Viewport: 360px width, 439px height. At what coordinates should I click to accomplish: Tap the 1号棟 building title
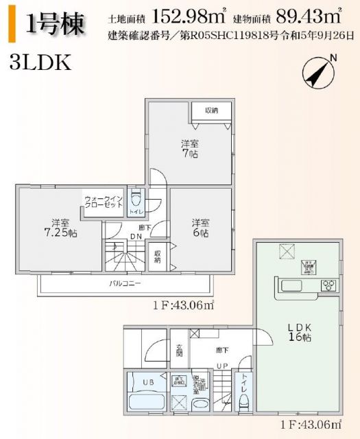[56, 25]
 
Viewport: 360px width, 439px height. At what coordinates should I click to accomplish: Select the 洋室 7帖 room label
[190, 149]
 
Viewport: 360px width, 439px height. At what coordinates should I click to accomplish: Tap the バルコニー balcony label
[124, 283]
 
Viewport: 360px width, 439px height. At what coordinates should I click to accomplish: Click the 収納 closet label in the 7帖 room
[211, 110]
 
